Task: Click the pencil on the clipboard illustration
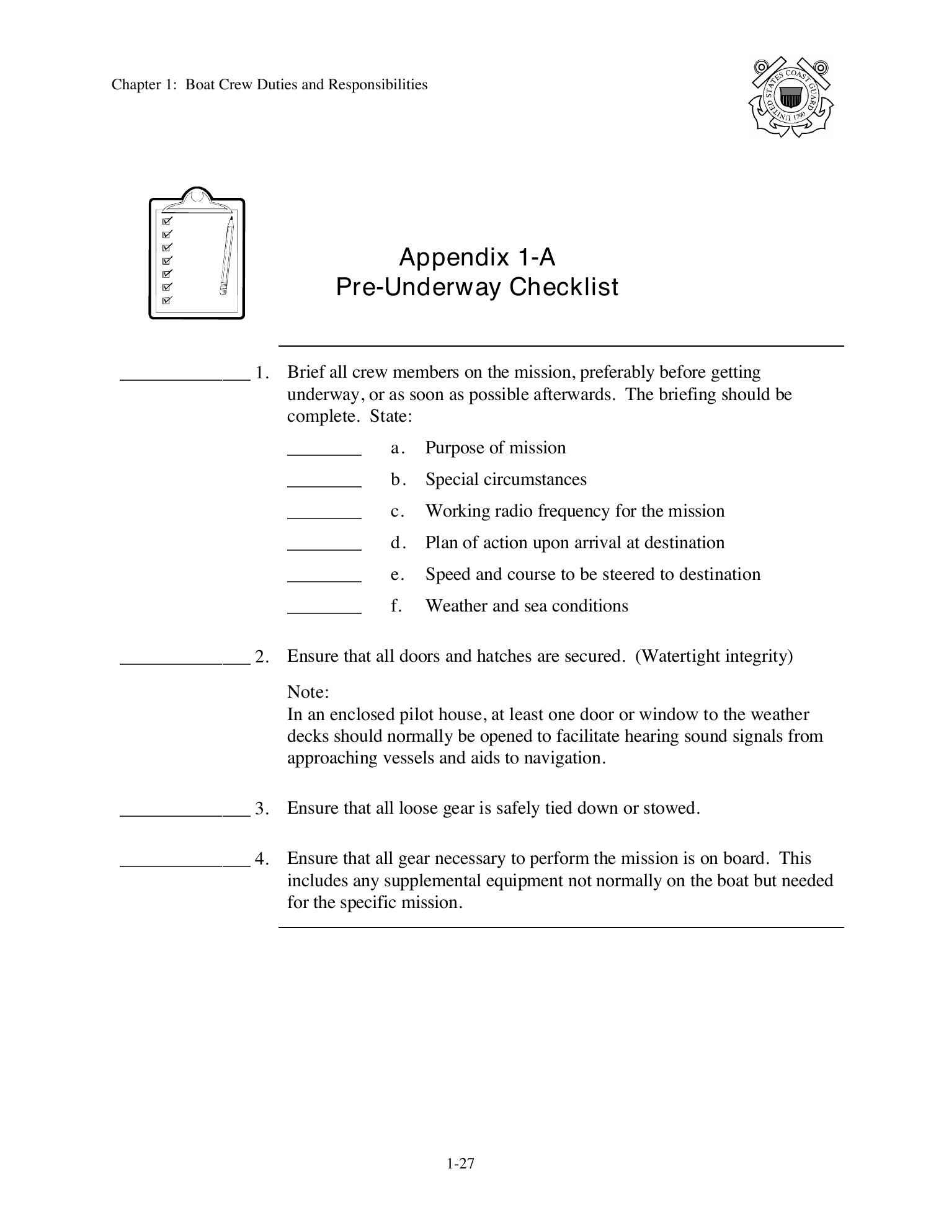point(226,256)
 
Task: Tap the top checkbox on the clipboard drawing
point(166,221)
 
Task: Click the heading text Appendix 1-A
point(476,257)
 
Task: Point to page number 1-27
point(460,1163)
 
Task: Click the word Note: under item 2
point(308,692)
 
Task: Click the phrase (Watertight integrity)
point(713,656)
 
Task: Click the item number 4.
point(261,859)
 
